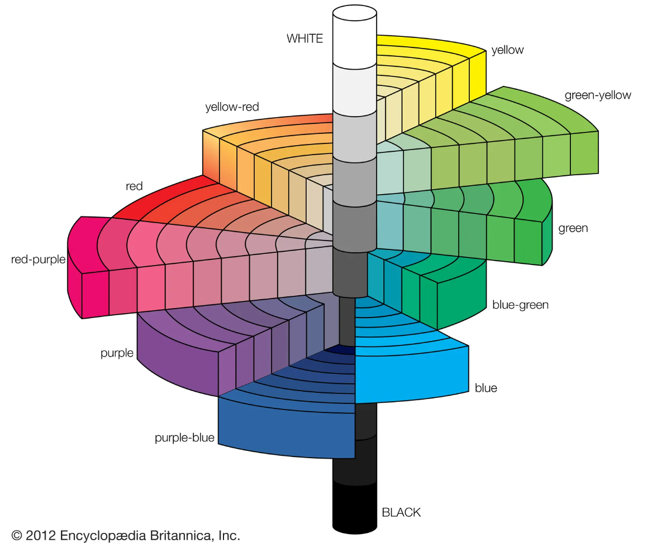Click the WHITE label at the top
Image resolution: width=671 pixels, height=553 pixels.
coord(304,39)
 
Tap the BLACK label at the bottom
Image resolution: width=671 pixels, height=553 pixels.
coord(401,512)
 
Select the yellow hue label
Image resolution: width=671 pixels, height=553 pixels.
coord(507,50)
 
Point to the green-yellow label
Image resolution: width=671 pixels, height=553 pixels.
coord(597,95)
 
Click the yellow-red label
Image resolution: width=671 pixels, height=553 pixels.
coord(232,107)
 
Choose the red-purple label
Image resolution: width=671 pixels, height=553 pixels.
coord(38,259)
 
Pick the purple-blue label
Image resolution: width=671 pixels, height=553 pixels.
coord(184,438)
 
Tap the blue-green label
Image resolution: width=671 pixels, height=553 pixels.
coord(520,305)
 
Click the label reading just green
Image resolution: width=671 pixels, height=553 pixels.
coord(573,228)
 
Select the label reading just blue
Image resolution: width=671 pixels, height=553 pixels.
coord(486,388)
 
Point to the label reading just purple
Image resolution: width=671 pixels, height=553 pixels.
coord(117,353)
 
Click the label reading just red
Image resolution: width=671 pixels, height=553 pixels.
coord(134,186)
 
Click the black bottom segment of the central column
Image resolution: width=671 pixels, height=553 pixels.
coord(354,505)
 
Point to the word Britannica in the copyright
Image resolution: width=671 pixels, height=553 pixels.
coord(182,536)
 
